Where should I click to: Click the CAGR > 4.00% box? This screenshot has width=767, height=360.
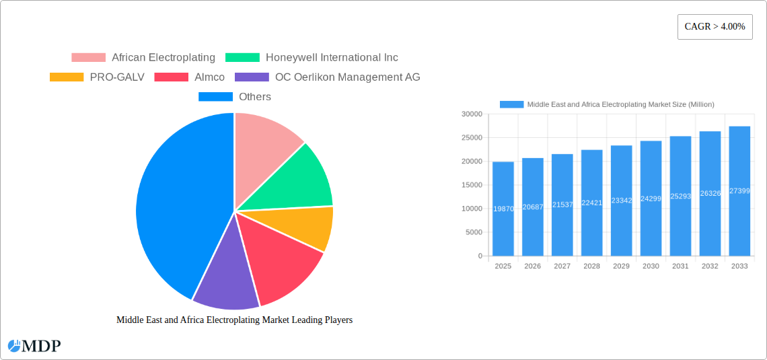coord(715,26)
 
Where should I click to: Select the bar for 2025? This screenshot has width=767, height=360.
coord(503,209)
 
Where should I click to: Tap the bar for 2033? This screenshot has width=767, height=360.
coord(739,191)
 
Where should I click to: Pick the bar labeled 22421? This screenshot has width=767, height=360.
coord(592,203)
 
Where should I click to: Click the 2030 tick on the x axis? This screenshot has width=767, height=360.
coord(651,266)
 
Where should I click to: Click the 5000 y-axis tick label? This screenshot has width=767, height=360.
coord(473,232)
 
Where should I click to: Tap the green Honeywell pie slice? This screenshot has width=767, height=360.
coord(299,178)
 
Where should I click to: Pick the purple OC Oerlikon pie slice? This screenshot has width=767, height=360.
coord(225,279)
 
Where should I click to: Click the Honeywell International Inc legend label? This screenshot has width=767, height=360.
coord(332,58)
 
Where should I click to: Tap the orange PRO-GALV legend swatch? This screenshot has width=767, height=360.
coord(67,77)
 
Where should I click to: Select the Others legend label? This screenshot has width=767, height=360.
coord(255,97)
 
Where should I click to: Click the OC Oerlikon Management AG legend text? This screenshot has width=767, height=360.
coord(348,77)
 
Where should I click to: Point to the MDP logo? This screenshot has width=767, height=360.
coord(34,346)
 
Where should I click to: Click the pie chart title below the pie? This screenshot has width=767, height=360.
coord(234,320)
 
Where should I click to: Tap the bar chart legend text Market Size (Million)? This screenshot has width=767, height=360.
coord(620,104)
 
